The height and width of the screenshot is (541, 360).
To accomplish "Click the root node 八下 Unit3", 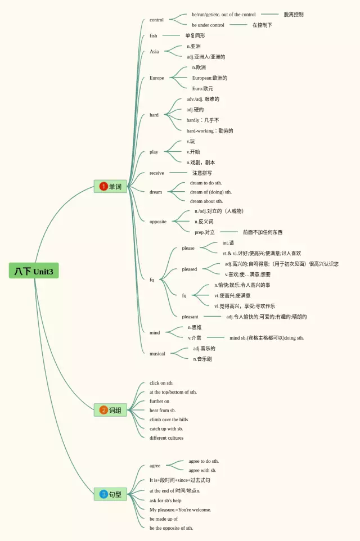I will pyautogui.click(x=34, y=271).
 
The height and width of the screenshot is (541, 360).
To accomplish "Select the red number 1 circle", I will pyautogui.click(x=103, y=186).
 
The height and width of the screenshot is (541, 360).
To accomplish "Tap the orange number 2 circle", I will pyautogui.click(x=103, y=410).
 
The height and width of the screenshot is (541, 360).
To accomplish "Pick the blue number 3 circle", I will pyautogui.click(x=103, y=494).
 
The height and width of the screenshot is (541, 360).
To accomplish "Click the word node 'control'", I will pyautogui.click(x=156, y=20).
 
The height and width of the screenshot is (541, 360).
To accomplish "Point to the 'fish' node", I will pyautogui.click(x=154, y=35).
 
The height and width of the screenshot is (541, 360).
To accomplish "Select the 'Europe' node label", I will pyautogui.click(x=157, y=78).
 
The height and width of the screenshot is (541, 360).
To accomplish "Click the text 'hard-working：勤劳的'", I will pyautogui.click(x=210, y=130).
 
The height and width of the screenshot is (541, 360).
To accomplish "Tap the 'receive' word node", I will pyautogui.click(x=157, y=173).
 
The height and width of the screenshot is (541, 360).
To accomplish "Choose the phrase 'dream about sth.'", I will pyautogui.click(x=206, y=201).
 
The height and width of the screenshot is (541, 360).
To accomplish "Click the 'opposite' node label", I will pyautogui.click(x=158, y=222).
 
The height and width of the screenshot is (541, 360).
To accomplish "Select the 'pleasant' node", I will pyautogui.click(x=190, y=317).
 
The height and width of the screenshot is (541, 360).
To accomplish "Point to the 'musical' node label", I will pyautogui.click(x=157, y=354).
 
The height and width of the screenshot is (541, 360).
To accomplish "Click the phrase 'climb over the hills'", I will pyautogui.click(x=169, y=420).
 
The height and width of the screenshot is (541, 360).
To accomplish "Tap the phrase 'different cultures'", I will pyautogui.click(x=166, y=438).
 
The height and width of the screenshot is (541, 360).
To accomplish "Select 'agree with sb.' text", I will pyautogui.click(x=202, y=470).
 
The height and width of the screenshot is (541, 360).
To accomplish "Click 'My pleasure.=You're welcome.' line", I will pyautogui.click(x=180, y=510).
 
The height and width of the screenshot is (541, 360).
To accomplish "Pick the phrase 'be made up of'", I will pyautogui.click(x=164, y=519).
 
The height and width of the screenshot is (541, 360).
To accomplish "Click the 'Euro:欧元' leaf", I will pyautogui.click(x=202, y=88).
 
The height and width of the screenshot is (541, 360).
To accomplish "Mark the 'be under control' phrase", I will pyautogui.click(x=208, y=25).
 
